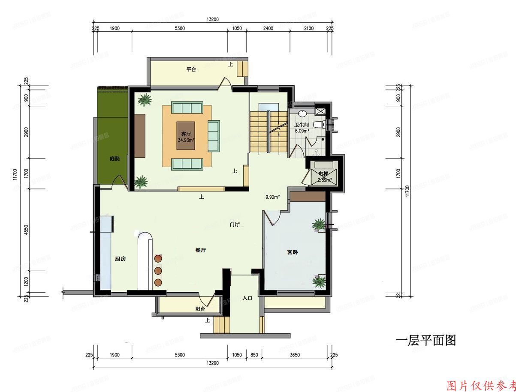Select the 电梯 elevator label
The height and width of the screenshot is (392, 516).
pyautogui.click(x=323, y=174)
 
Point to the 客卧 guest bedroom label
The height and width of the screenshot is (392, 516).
pyautogui.click(x=292, y=252)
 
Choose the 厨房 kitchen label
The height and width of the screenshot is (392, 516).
pyautogui.click(x=120, y=259)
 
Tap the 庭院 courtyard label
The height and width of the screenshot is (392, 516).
pyautogui.click(x=115, y=159)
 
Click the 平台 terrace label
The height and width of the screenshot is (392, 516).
pyautogui.click(x=191, y=69)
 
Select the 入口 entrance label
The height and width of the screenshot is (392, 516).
pyautogui.click(x=247, y=298)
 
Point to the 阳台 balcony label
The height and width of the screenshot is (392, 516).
pyautogui.click(x=200, y=308)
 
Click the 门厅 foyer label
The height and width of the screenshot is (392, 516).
pyautogui.click(x=234, y=224)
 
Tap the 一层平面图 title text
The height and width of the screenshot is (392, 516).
pyautogui.click(x=425, y=341)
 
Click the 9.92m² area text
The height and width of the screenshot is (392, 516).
pyautogui.click(x=273, y=197)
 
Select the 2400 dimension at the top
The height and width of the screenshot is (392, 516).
pyautogui.click(x=268, y=29)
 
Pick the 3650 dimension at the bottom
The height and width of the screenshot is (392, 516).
pyautogui.click(x=294, y=355)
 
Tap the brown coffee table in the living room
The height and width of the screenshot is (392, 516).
pyautogui.click(x=186, y=135)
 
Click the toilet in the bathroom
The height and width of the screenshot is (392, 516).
pyautogui.click(x=318, y=124)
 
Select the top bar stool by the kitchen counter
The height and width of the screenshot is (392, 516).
pyautogui.click(x=158, y=259)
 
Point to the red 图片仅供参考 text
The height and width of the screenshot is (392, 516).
pyautogui.click(x=481, y=386)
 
